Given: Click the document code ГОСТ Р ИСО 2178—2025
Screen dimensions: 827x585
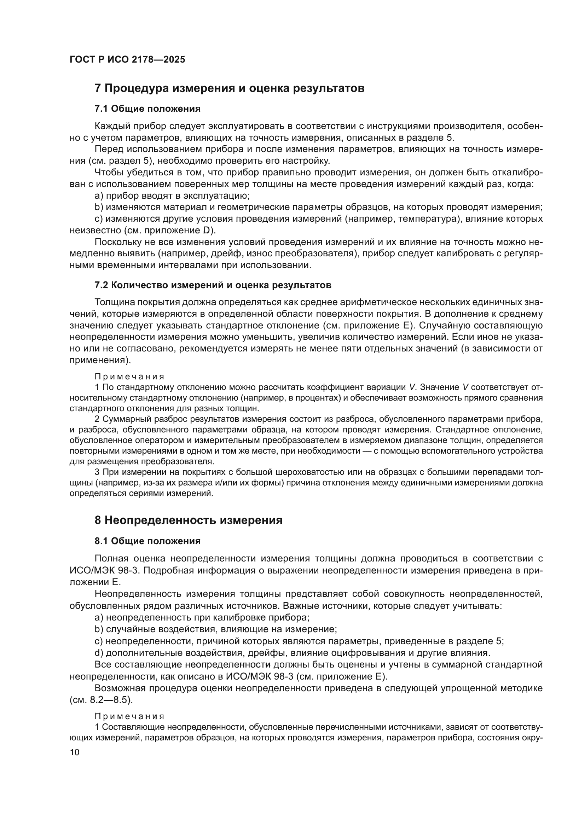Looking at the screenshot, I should coord(127,60).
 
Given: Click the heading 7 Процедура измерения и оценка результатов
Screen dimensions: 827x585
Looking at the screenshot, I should coord(230,88).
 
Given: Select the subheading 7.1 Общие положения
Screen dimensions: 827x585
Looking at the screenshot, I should coord(147,109).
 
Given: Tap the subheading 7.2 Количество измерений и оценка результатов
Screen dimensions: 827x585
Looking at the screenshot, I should coord(213,285).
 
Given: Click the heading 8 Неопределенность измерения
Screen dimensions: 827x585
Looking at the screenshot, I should coord(189,520).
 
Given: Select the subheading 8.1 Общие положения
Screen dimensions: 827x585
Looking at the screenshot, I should coord(147,541).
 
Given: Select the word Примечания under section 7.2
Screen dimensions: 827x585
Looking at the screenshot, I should coord(129,377).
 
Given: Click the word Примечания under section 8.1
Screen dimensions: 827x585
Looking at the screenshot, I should coord(129,716).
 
